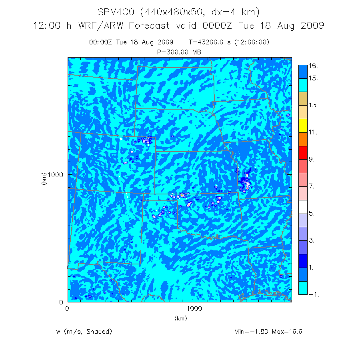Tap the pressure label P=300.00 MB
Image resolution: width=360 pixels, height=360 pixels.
click(180, 52)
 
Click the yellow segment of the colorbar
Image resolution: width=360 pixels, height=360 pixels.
click(303, 126)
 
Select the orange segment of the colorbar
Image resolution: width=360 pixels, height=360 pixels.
click(303, 139)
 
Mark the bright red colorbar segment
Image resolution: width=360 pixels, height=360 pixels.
click(303, 153)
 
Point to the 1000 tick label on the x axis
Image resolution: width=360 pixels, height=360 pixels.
click(195, 309)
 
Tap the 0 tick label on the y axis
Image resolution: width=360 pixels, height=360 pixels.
click(62, 302)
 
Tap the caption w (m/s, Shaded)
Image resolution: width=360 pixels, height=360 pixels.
click(84, 332)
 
